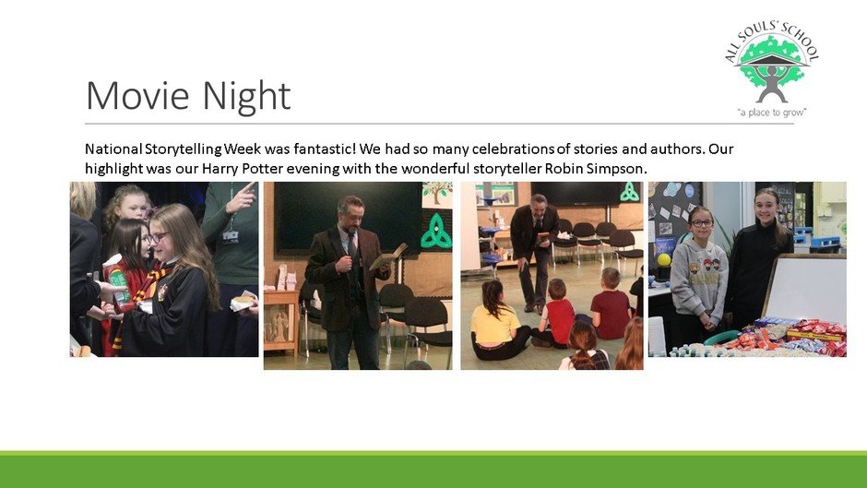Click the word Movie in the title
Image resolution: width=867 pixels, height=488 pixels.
pyautogui.click(x=137, y=95)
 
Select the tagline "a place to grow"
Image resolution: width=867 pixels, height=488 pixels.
pyautogui.click(x=772, y=113)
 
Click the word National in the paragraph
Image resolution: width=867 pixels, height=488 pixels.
pyautogui.click(x=113, y=149)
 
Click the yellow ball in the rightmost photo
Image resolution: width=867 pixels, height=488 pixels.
pyautogui.click(x=664, y=259)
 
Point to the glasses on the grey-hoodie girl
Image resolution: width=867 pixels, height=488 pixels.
pyautogui.click(x=701, y=223)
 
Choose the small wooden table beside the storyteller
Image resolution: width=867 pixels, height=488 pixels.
pyautogui.click(x=281, y=321)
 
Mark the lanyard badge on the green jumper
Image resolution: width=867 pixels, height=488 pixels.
pyautogui.click(x=230, y=237)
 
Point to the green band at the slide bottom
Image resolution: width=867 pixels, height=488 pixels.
pyautogui.click(x=433, y=470)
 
